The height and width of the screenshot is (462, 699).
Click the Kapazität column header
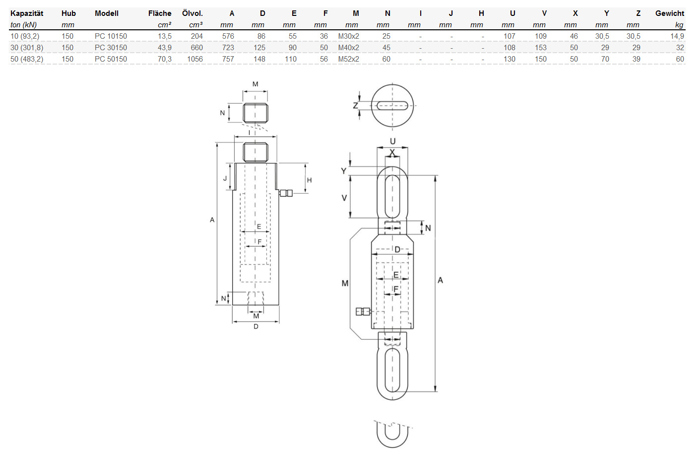(27, 13)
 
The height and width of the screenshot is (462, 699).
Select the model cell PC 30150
(111, 48)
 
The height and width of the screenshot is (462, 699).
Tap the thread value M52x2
(349, 59)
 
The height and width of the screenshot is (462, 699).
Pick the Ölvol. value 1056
(195, 59)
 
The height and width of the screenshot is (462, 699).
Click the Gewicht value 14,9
(677, 36)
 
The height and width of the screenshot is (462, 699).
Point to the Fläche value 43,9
(164, 48)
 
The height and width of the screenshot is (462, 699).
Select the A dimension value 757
(228, 59)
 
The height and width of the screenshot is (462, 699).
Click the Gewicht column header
(670, 13)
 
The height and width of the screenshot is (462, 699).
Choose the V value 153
(540, 48)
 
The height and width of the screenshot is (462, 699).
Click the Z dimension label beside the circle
(355, 106)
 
